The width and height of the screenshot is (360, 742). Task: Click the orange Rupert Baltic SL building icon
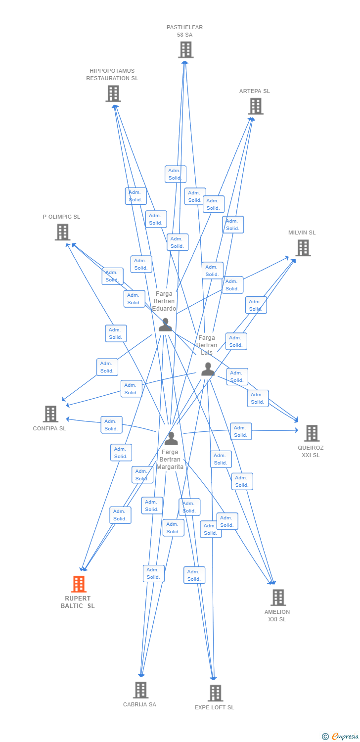79,584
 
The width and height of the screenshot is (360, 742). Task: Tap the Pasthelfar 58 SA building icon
185,49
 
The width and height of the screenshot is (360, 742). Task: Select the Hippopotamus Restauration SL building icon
113,93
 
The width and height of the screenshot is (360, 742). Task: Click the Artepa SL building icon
255,106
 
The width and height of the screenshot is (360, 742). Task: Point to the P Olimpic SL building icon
62,232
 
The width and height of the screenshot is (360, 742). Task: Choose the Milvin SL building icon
303,248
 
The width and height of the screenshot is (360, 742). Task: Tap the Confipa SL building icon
50,414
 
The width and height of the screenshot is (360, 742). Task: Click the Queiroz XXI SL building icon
312,433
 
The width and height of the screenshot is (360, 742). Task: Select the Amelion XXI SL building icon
278,598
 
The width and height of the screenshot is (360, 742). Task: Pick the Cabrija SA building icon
141,690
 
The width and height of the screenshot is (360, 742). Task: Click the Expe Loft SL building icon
215,693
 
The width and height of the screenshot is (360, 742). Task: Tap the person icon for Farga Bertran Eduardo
165,325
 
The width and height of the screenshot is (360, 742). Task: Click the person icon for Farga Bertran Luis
208,369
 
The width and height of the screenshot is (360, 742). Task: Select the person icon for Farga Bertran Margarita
171,438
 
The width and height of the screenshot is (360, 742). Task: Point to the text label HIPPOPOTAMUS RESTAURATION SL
112,75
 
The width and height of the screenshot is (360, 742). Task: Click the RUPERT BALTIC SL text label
78,602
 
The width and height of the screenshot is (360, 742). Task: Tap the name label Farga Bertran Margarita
170,460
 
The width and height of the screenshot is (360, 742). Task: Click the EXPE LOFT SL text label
214,707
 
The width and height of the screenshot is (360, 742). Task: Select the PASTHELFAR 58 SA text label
184,31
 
